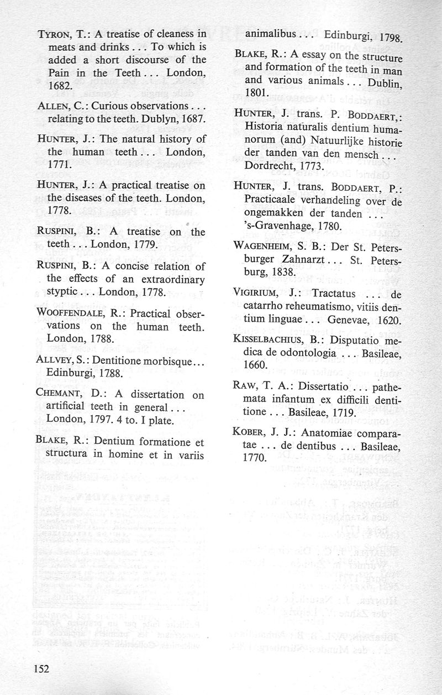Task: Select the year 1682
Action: click(x=59, y=87)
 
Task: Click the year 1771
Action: click(x=59, y=165)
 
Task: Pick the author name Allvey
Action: click(x=55, y=360)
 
